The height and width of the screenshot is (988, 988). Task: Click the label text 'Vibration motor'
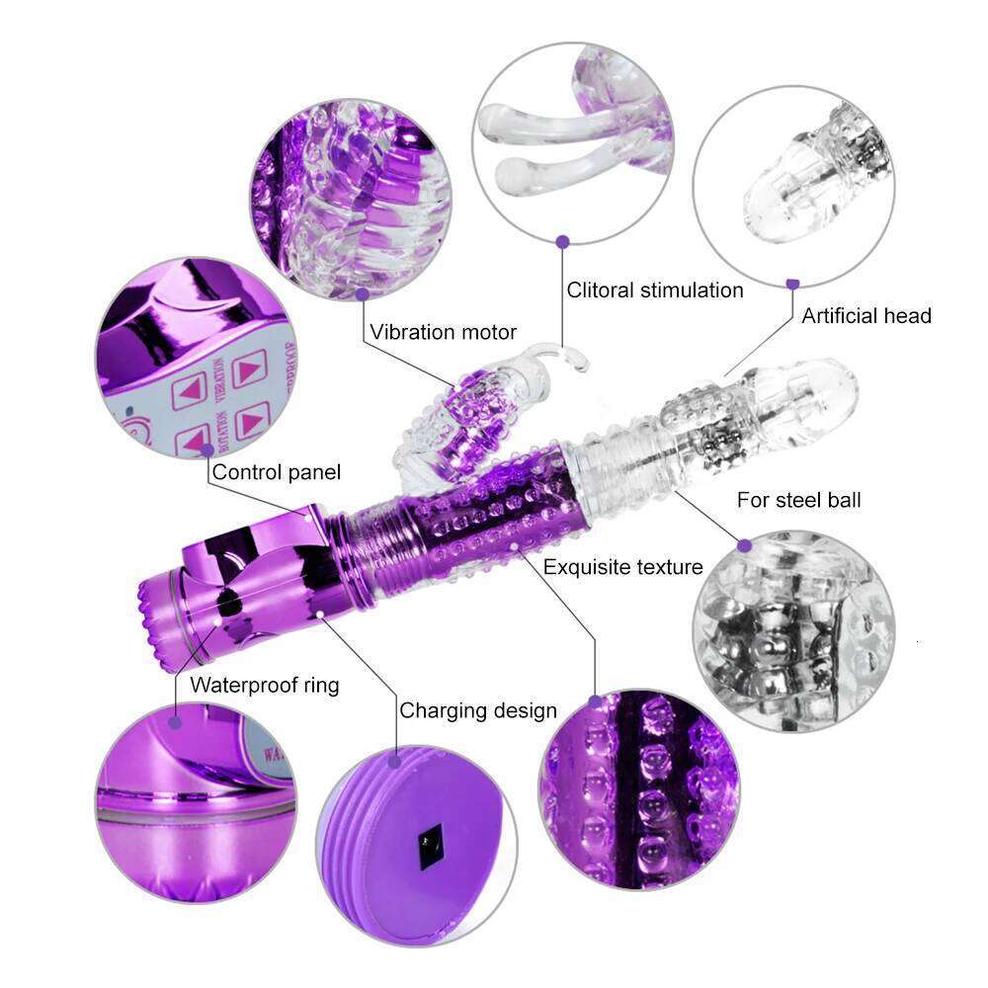pos(444,332)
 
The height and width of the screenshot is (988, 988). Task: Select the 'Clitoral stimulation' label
pos(654,289)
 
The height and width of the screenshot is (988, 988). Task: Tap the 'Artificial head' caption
pos(865,316)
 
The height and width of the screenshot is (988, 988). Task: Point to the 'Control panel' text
pos(277,472)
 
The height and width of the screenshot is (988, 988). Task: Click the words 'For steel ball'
pos(798,500)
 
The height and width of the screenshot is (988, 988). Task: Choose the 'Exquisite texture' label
pos(622,566)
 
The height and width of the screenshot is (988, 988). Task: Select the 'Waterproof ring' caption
pos(264,685)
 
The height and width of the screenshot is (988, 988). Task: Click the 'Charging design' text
pos(478,710)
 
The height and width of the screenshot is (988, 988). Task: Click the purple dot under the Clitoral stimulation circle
pos(562,240)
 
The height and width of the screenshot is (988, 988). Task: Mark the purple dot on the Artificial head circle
pos(792,284)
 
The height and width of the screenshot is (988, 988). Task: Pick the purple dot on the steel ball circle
pos(744,544)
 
